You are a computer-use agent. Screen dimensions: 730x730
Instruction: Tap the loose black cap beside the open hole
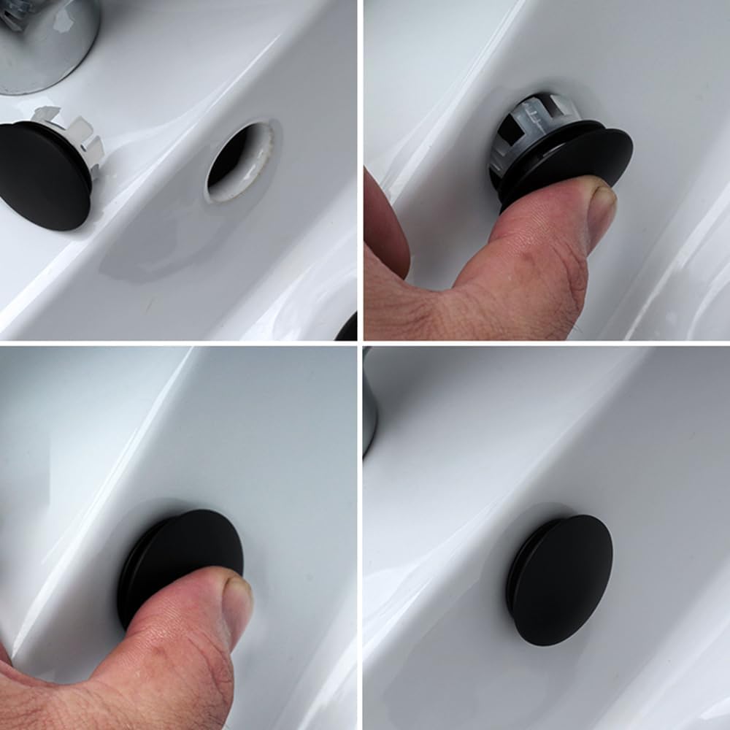44,175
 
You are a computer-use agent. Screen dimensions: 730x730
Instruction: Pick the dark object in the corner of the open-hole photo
349,328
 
